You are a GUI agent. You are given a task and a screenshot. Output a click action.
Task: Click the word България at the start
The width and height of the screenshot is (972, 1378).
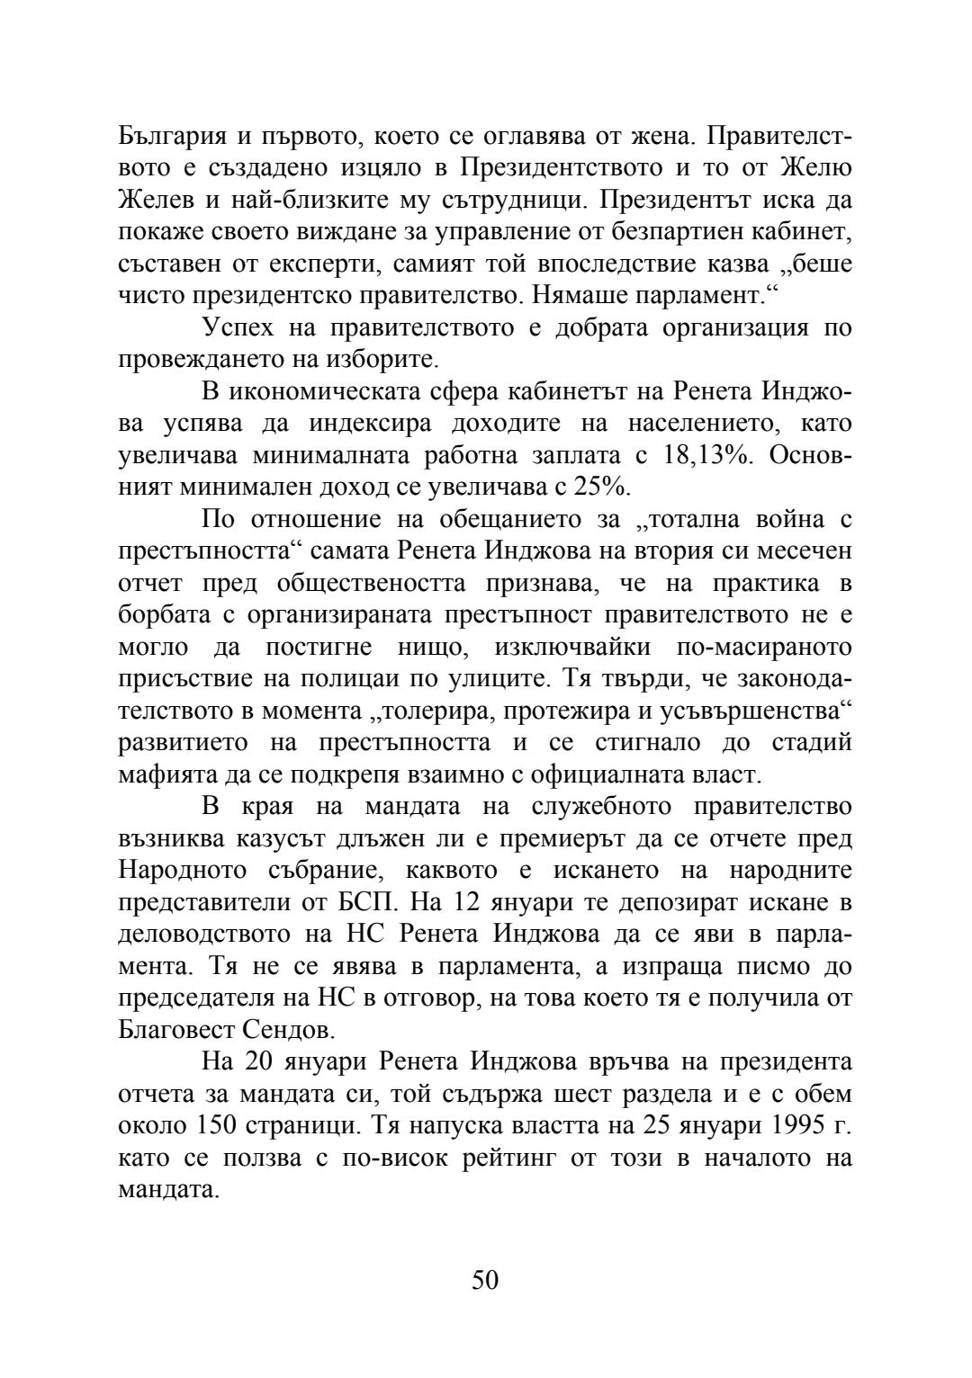[x=171, y=136]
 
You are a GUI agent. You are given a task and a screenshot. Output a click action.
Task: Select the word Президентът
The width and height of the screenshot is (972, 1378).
[x=683, y=200]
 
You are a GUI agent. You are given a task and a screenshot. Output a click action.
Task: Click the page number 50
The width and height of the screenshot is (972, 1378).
[x=485, y=1280]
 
